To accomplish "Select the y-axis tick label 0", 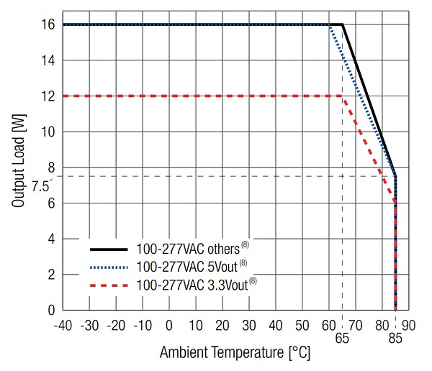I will (x=51, y=311).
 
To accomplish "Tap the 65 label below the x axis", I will (x=342, y=336).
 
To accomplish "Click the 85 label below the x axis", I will (x=395, y=336).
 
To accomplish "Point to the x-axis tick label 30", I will (x=249, y=325).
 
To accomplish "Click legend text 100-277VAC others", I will (x=191, y=249).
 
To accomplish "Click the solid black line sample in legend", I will (x=109, y=249).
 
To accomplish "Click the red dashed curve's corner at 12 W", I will (x=342, y=96).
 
